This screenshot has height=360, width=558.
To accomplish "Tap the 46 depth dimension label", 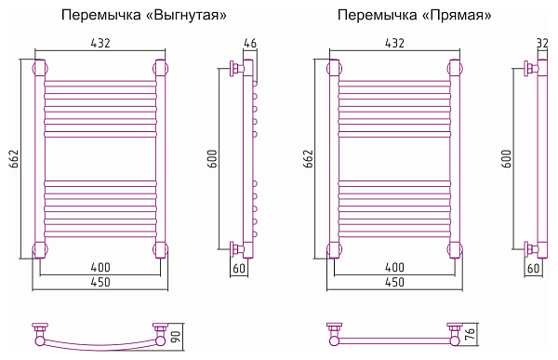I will pos(249,44).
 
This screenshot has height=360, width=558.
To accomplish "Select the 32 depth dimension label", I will pos(543,44).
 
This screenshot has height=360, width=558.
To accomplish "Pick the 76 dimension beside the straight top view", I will pos(470,333).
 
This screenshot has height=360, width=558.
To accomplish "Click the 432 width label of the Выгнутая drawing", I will pos(100,44).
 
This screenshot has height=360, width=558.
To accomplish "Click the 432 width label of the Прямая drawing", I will pos(394,44).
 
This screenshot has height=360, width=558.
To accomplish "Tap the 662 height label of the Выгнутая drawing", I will pos(12,159).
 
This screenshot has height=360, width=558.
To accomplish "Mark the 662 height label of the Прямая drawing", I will pos(308,159).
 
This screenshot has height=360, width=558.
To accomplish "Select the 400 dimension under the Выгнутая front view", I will pos(100,268).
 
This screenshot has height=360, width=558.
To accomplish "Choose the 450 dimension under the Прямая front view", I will pos(394,282).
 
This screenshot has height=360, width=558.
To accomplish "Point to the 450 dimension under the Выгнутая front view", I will pos(100,282).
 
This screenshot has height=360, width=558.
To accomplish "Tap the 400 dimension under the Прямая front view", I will pos(394,268).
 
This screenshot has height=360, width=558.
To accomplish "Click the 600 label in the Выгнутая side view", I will pos(213,159).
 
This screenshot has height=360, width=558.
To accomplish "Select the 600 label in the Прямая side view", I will pos(508,159).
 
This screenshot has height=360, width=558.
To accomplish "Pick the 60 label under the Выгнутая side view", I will pos(239,269).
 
